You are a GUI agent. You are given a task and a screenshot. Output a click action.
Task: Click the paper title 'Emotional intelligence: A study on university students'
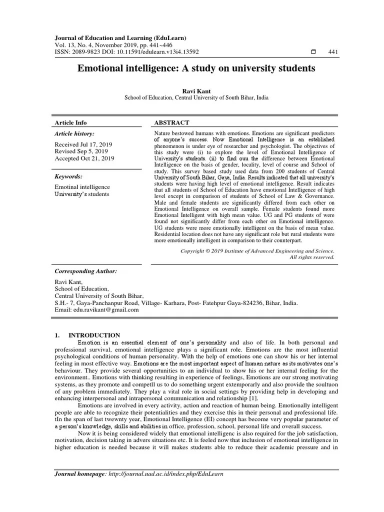click(x=196, y=68)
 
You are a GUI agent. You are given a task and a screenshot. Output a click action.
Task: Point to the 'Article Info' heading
click(x=70, y=122)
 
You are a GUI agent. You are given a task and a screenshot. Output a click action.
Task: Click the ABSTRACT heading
click(x=172, y=122)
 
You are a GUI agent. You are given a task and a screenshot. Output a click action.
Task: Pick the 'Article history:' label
click(x=74, y=133)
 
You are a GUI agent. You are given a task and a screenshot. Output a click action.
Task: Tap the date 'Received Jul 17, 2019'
click(x=83, y=144)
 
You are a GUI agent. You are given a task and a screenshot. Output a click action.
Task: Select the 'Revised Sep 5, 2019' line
click(x=82, y=151)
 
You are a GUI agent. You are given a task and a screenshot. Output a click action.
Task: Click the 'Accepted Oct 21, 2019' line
click(x=84, y=158)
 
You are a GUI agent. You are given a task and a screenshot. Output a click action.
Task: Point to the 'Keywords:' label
click(x=68, y=176)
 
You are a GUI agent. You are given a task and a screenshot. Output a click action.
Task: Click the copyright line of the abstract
click(x=257, y=250)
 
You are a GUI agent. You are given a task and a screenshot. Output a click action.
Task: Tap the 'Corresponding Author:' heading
click(x=85, y=271)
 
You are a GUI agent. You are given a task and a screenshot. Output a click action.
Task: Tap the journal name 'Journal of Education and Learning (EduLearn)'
click(x=120, y=38)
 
